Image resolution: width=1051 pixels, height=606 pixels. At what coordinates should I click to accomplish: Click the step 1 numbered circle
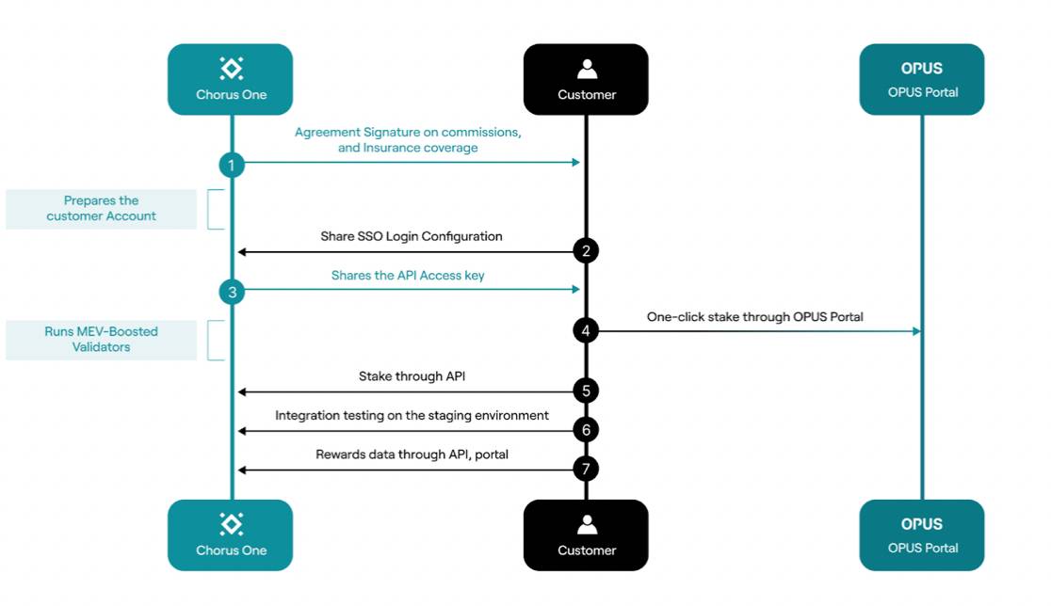pos(231,166)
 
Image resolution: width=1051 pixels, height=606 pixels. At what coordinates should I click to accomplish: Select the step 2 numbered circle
pos(586,251)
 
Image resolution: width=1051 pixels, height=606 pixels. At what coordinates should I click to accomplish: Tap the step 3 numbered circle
pos(231,292)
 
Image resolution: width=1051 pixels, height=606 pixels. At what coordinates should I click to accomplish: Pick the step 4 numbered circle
pos(586,330)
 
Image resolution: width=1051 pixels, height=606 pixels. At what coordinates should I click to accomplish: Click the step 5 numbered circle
pos(586,391)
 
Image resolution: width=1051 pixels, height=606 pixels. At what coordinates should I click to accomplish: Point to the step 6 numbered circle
pos(586,430)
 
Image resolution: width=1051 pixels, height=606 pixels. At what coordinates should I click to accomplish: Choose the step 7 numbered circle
pos(586,469)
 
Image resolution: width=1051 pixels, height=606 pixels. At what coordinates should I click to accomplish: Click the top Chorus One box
pos(231,79)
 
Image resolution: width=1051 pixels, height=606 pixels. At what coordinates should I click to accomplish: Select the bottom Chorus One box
pos(231,534)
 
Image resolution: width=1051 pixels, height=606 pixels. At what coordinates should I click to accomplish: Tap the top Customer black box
pos(586,79)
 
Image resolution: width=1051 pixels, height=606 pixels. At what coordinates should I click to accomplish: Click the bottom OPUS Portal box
pos(921,534)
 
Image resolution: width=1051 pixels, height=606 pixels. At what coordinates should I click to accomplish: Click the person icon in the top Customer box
pos(587,69)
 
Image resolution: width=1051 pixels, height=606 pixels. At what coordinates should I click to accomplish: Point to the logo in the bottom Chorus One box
pos(231,524)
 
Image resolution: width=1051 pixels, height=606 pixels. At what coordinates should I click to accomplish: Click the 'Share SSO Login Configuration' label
pos(412,236)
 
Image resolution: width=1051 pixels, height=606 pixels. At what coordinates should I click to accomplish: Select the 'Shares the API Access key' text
pos(408,276)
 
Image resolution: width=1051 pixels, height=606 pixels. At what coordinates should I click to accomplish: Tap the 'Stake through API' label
pos(412,376)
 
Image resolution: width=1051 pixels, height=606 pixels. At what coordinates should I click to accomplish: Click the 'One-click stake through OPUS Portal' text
pos(754,317)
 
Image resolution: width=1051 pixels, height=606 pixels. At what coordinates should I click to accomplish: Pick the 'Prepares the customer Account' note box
pos(101,209)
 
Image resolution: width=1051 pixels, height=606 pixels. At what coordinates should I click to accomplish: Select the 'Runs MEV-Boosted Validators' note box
pos(101,340)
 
